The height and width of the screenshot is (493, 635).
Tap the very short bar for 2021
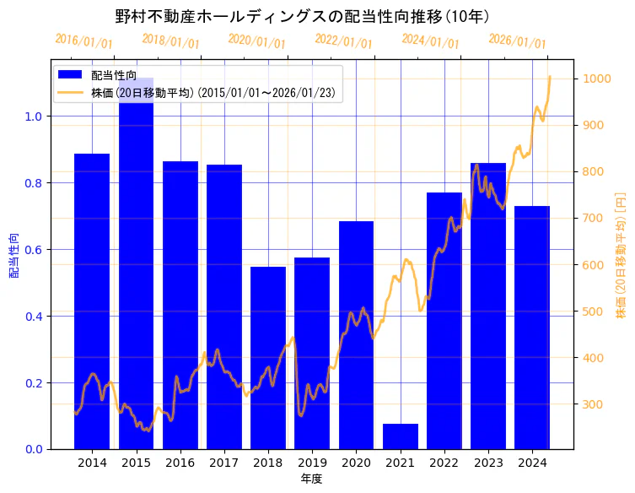click(x=401, y=436)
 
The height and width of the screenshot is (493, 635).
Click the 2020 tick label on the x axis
click(x=356, y=463)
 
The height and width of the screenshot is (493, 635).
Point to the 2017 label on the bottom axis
click(x=224, y=463)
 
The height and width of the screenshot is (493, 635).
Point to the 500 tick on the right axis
click(x=591, y=312)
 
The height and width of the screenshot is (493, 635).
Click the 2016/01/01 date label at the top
click(x=84, y=41)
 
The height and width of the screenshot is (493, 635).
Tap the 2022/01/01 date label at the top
click(x=343, y=41)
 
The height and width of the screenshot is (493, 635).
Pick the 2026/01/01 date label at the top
click(x=517, y=41)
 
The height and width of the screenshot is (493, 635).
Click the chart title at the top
click(x=301, y=16)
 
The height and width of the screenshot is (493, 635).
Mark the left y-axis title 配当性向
click(x=14, y=256)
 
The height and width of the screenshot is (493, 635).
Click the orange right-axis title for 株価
click(x=622, y=255)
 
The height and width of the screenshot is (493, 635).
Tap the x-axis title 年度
click(x=311, y=479)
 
